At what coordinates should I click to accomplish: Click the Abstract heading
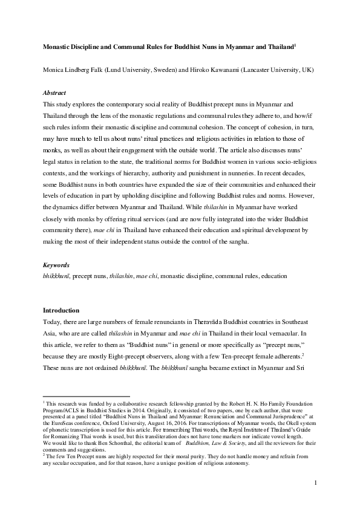coord(54,93)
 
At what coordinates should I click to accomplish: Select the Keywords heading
coord(56,265)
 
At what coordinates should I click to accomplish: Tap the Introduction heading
coord(62,311)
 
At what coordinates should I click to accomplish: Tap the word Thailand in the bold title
coord(276,47)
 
